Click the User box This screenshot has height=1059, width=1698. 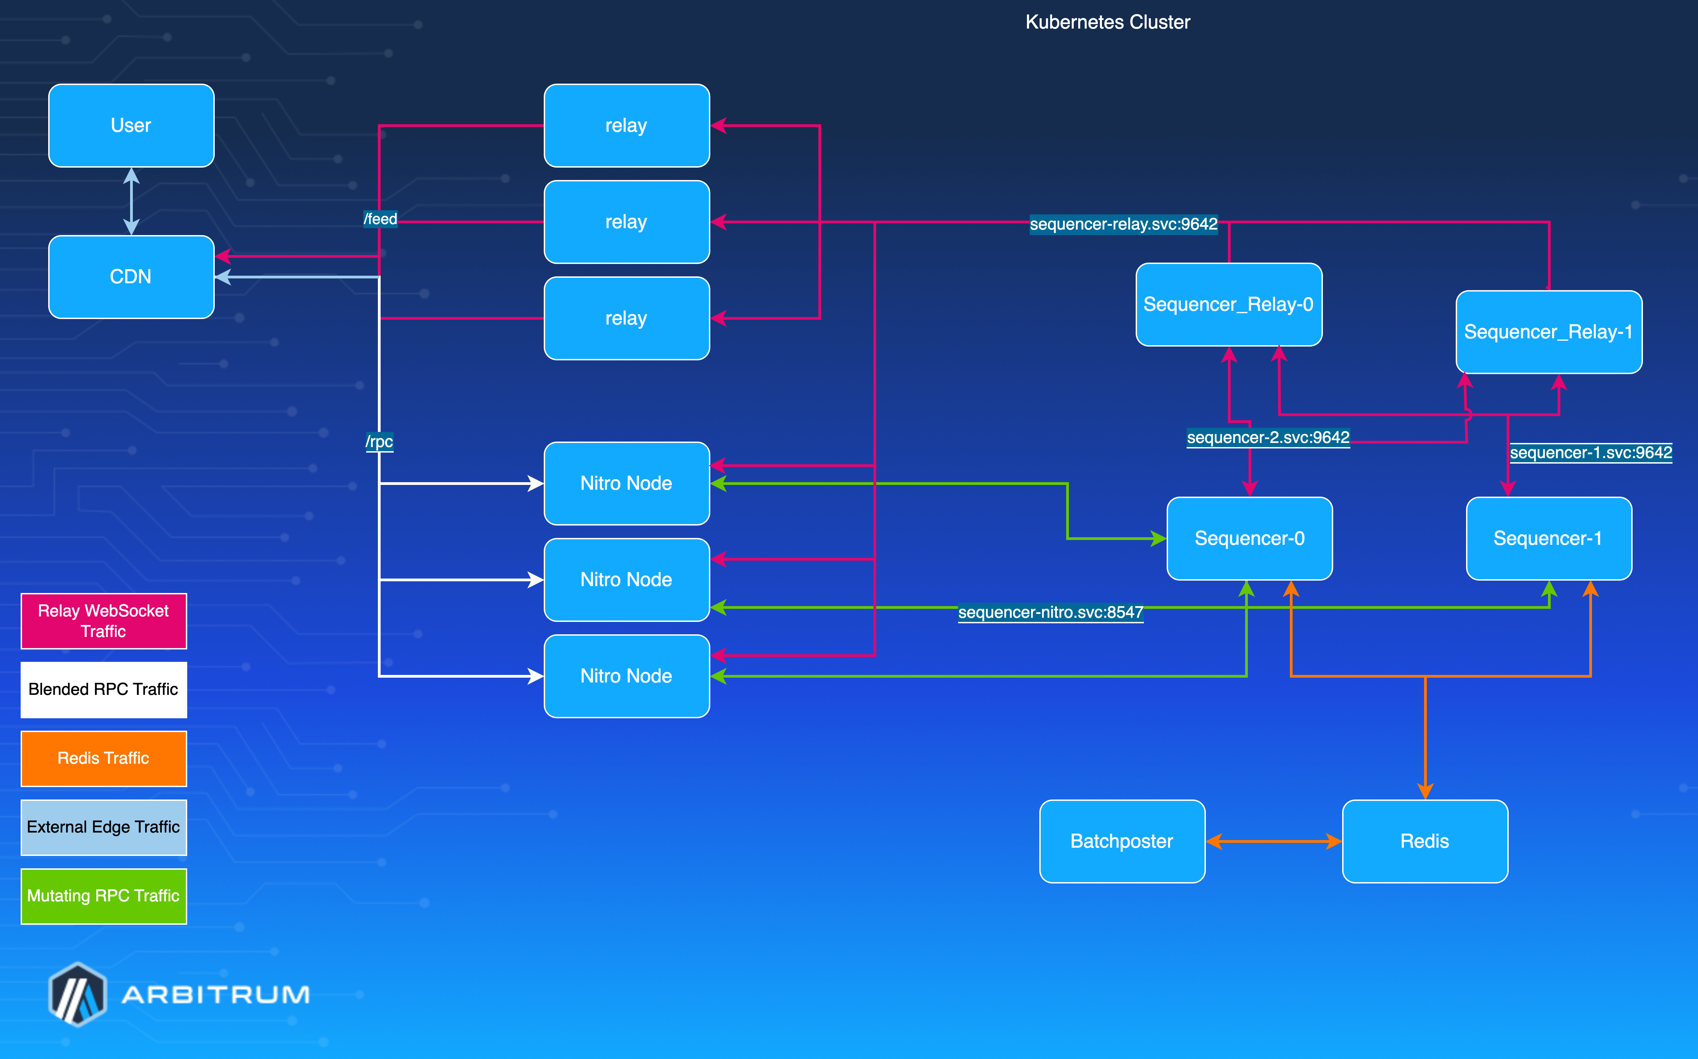coord(131,125)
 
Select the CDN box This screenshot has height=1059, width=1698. coord(131,277)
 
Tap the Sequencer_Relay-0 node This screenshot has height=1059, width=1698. coord(1228,305)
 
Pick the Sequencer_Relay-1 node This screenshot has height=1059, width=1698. coord(1548,332)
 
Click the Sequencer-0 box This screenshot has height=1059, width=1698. coord(1249,539)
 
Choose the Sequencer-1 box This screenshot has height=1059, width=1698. coord(1548,539)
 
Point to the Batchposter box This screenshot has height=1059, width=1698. coord(1122,841)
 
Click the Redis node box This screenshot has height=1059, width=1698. coord(1424,841)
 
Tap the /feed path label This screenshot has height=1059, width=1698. coord(380,219)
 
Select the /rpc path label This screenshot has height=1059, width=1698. coord(379,442)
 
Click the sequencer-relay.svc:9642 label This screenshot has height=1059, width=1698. coord(1123,224)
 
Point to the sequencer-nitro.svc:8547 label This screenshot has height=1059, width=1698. coord(1050,612)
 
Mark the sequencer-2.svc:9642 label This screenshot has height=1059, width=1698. coord(1267,438)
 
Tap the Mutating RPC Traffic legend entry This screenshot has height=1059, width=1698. coord(104,896)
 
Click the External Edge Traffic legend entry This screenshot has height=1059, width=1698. coord(104,827)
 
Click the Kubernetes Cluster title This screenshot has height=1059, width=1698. coord(1107,22)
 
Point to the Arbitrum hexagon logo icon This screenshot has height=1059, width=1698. coord(78,994)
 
